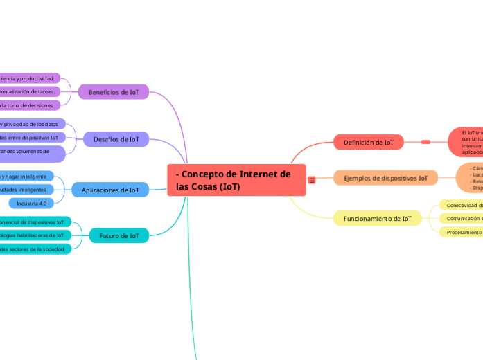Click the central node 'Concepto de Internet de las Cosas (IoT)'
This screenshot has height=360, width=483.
[x=236, y=180]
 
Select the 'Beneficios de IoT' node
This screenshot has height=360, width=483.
[x=114, y=92]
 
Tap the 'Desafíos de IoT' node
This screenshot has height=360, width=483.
[x=116, y=140]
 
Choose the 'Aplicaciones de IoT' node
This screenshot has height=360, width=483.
[x=110, y=190]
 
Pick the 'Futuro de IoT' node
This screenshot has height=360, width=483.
[x=119, y=236]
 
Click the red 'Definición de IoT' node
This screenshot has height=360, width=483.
[x=369, y=143]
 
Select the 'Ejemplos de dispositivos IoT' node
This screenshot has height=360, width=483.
[x=386, y=179]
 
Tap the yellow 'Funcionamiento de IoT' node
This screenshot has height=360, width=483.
[x=378, y=219]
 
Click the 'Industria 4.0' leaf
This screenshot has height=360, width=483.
[x=31, y=204]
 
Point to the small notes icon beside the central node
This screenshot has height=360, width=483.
[x=312, y=180]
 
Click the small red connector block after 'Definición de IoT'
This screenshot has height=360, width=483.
[x=425, y=143]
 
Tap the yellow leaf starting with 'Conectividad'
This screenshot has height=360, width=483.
[x=464, y=206]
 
